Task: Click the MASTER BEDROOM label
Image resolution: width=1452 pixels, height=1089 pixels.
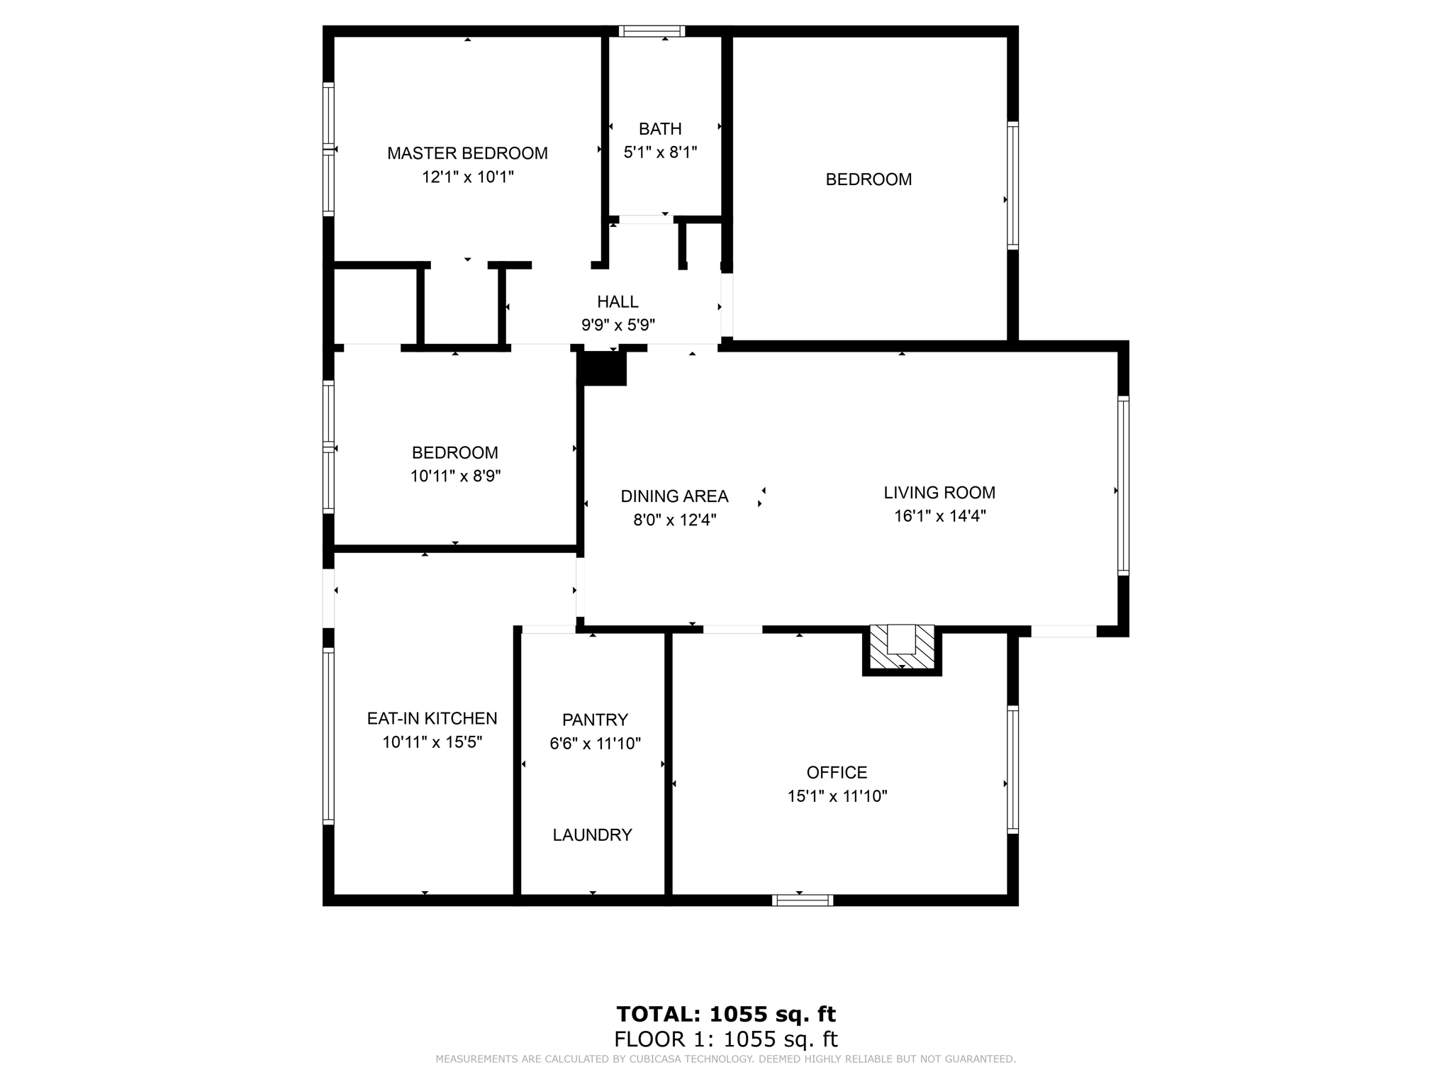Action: (467, 153)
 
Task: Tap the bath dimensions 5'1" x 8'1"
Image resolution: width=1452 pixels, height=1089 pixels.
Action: (660, 152)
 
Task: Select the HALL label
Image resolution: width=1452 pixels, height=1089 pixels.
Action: (618, 302)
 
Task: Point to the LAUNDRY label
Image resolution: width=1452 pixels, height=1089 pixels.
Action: (592, 835)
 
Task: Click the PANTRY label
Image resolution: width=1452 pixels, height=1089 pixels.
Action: (595, 720)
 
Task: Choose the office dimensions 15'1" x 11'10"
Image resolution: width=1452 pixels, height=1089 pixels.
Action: (837, 796)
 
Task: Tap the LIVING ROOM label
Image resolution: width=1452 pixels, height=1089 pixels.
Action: (939, 493)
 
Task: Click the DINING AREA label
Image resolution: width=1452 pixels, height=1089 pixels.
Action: (674, 496)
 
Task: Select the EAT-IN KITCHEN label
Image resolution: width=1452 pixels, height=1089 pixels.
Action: (432, 719)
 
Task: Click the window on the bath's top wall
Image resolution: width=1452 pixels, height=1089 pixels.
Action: (651, 31)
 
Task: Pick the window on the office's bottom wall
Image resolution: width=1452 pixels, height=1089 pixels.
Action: (802, 900)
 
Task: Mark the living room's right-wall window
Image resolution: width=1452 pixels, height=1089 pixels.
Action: (1123, 485)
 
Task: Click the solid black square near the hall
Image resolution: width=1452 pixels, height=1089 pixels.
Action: (603, 369)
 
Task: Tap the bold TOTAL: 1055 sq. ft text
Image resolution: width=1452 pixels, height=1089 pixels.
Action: (726, 1015)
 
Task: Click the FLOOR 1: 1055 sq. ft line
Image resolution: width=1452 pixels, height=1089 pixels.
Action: (726, 1040)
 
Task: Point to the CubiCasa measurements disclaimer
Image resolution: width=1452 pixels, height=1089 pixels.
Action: (725, 1059)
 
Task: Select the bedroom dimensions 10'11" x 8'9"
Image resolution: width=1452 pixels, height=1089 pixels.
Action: (455, 476)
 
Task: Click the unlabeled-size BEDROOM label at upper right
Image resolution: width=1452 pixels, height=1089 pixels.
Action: (869, 180)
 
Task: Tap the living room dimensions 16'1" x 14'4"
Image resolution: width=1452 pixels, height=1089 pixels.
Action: (939, 516)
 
